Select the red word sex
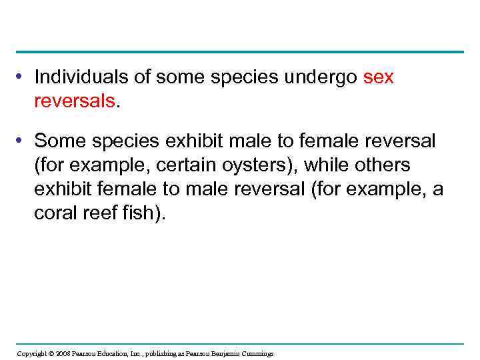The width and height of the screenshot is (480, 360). click(x=379, y=77)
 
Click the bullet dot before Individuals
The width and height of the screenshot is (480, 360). click(x=23, y=78)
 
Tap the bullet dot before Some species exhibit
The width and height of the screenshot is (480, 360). click(x=23, y=141)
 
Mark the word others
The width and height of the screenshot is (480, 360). click(x=386, y=165)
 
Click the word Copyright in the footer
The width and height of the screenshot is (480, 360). click(x=31, y=353)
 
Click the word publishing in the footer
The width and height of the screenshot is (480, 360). click(x=161, y=353)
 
